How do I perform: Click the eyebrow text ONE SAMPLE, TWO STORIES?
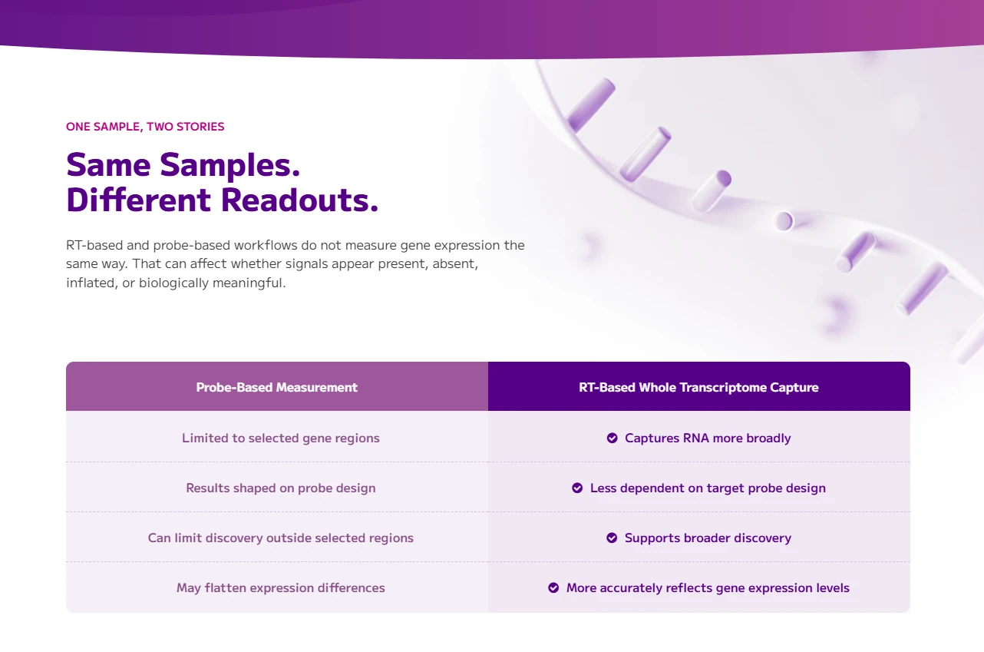coord(145,127)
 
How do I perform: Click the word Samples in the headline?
coord(229,166)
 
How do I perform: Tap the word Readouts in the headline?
coord(299,200)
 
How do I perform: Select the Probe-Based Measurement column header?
coord(277,387)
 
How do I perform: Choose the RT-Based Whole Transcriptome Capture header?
coord(698,387)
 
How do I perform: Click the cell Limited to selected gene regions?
coord(281,438)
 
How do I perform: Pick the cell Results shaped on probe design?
coord(281,488)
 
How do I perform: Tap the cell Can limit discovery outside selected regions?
coord(281,538)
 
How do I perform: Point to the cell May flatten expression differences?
coord(281,587)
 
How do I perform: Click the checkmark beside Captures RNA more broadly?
coord(612,438)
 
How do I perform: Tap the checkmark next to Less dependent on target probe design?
coord(577,488)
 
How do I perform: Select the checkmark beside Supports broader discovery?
coord(612,538)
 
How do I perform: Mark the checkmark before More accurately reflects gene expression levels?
coord(553,587)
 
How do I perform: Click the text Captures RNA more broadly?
coord(708,438)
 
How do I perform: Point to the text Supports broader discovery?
coord(708,538)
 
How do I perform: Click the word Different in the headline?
coord(138,200)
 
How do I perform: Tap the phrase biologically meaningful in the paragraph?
coord(212,283)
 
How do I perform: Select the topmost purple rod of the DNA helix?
coord(590,104)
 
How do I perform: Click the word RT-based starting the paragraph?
coord(94,245)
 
